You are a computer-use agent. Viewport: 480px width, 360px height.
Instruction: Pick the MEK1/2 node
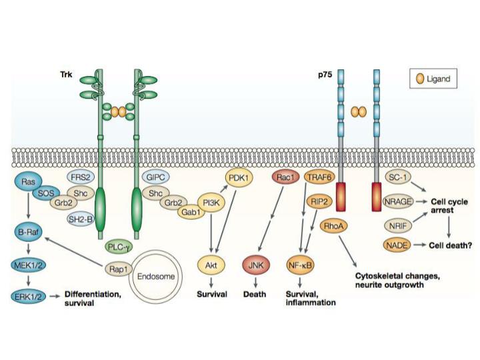(29, 268)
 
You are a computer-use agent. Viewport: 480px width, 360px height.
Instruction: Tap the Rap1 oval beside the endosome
(119, 269)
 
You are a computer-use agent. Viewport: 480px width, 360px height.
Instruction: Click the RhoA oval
(332, 227)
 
